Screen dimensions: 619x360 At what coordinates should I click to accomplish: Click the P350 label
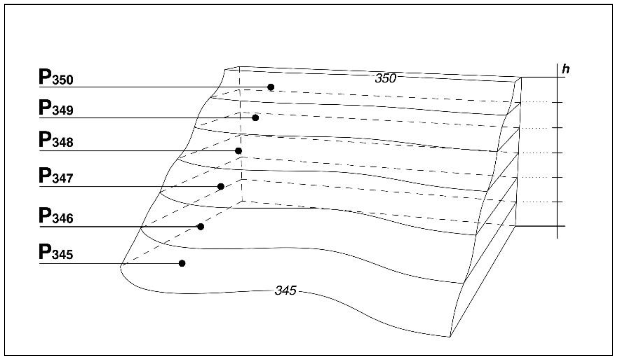coord(56,77)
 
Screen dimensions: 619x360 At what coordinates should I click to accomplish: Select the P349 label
coord(56,108)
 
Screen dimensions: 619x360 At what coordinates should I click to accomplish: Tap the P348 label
coord(56,140)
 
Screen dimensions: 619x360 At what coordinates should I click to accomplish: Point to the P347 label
coord(56,176)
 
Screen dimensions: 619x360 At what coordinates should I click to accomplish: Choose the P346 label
coord(56,216)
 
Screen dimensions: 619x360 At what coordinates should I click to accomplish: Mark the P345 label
coord(56,253)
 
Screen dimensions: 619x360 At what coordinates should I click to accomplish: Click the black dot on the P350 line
coord(271,87)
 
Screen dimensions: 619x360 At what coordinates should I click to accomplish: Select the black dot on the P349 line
coord(255,118)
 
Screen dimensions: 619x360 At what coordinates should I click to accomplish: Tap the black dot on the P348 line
coord(238,151)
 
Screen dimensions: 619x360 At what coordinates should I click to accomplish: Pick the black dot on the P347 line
coord(221,186)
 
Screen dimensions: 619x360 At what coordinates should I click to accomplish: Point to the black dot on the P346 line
coord(201,227)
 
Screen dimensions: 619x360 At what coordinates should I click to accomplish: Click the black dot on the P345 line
coord(182,263)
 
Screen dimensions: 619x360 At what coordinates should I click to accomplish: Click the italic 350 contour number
coord(385,78)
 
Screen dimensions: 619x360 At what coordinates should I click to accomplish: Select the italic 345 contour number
coord(285,291)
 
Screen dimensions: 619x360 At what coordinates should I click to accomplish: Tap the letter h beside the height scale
coord(566,69)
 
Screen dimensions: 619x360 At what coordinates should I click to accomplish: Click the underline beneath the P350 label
coord(129,87)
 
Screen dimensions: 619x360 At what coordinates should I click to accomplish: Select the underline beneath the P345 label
coord(103,264)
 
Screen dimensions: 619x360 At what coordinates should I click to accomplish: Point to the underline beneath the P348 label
coord(129,151)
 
